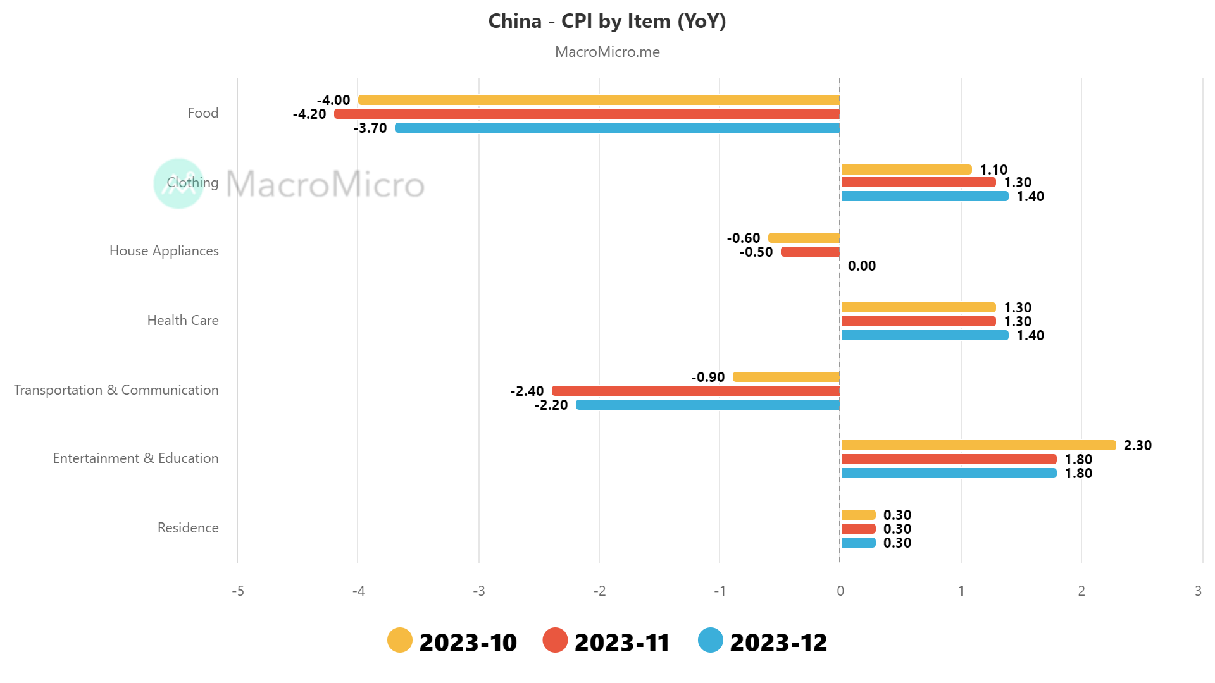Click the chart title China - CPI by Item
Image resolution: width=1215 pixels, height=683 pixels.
point(607,22)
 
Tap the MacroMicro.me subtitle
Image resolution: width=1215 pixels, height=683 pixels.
point(607,52)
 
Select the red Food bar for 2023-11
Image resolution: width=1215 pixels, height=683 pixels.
point(587,114)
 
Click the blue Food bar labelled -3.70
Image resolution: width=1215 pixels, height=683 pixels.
point(617,128)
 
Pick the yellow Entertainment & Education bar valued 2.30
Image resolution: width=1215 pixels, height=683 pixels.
point(978,445)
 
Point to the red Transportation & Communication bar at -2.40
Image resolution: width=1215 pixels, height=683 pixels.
point(695,391)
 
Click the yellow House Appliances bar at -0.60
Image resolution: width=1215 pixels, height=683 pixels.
point(804,238)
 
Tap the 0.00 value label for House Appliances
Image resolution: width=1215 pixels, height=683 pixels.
point(861,266)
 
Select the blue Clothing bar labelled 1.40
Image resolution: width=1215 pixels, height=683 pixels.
point(924,196)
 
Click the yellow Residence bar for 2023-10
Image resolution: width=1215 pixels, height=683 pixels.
point(858,515)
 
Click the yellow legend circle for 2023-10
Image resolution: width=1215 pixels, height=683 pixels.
point(399,640)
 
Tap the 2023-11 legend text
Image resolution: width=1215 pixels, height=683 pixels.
point(621,643)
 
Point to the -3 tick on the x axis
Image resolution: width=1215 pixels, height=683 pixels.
point(479,591)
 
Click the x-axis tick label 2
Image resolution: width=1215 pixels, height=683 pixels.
point(1081,591)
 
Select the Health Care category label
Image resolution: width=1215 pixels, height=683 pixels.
point(182,321)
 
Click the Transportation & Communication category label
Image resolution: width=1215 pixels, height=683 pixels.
point(116,390)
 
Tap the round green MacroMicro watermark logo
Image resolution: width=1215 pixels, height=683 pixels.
point(178,183)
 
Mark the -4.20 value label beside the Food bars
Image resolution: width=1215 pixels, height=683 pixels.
point(309,114)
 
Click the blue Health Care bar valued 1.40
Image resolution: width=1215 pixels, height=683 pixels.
point(924,335)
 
